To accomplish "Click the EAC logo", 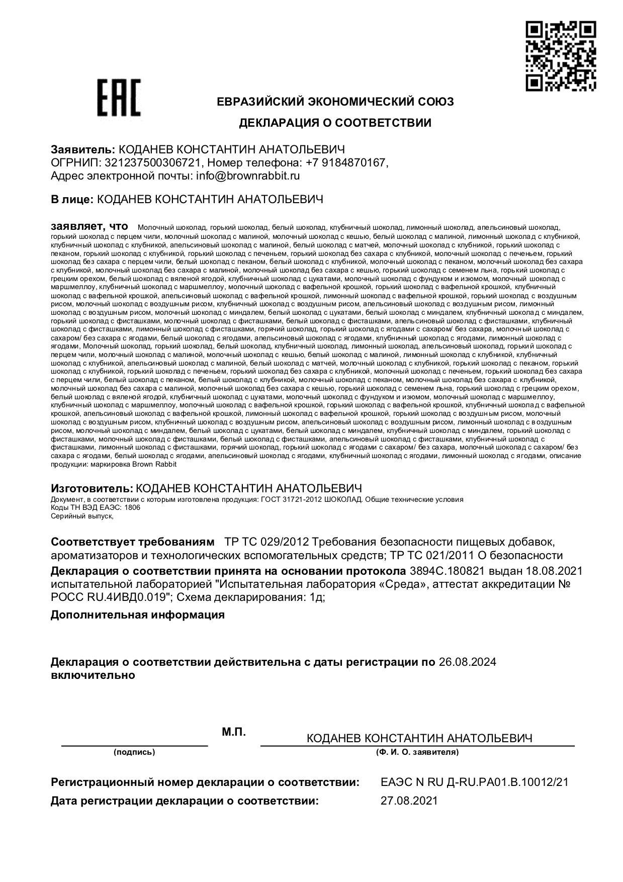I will click(119, 98).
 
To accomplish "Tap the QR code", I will click(561, 56).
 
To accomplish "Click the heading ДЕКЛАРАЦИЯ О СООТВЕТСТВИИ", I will click(335, 123).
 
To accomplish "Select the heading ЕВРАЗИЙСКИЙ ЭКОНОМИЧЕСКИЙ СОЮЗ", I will click(335, 102).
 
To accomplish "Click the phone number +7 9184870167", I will click(346, 162).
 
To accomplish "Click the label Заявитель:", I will click(83, 149).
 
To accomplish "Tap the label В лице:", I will click(72, 199).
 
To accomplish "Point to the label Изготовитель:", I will click(92, 488).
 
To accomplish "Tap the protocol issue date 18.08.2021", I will click(554, 571).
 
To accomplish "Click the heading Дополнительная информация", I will click(138, 614).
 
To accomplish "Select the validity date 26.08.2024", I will click(467, 662).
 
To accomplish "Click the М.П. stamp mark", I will click(234, 732).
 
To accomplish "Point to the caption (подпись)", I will click(134, 752).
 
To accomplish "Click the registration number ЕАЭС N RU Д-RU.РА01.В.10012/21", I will click(475, 782).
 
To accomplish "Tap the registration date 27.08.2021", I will click(409, 801).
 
